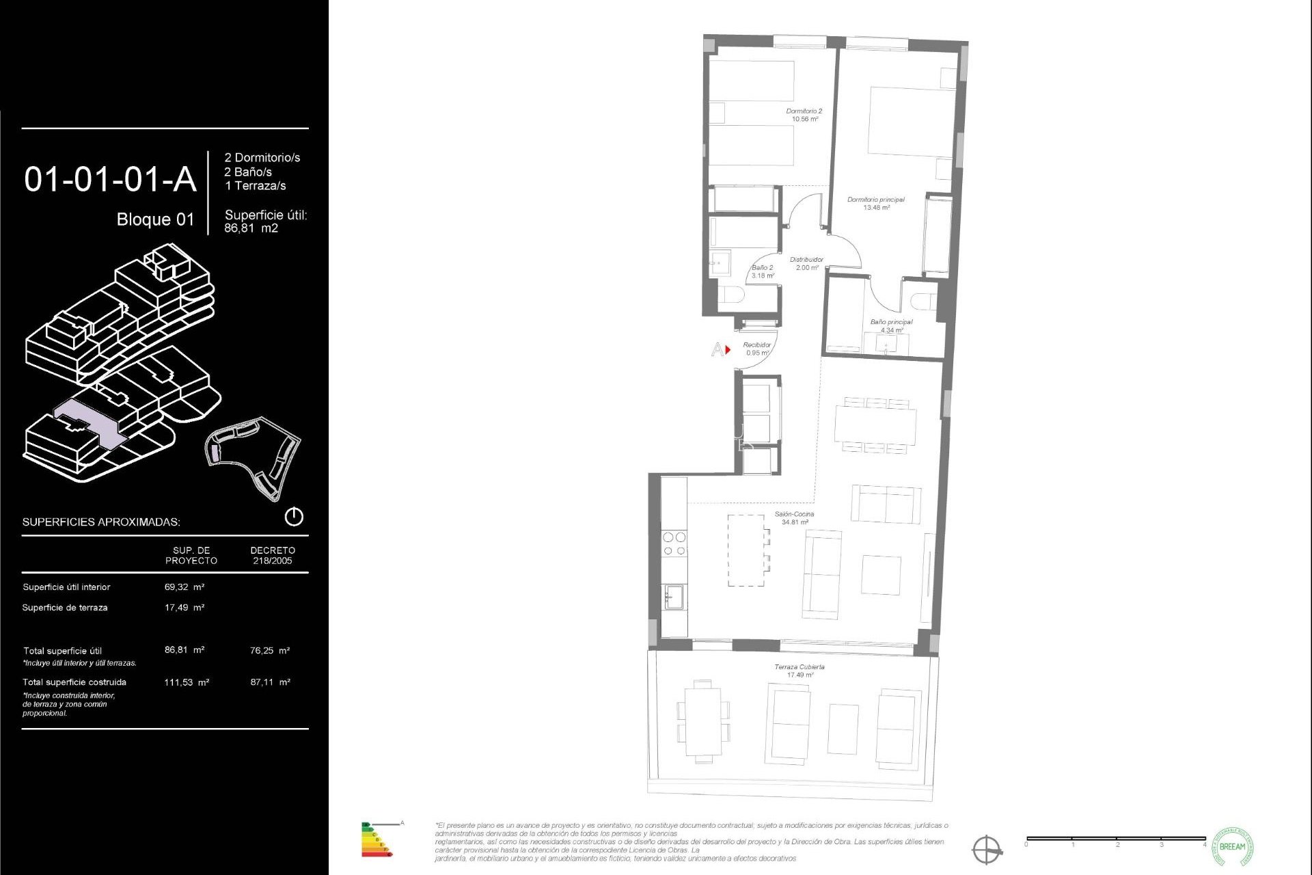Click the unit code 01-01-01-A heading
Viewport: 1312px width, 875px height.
[110, 180]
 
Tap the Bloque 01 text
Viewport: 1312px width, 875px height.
[155, 219]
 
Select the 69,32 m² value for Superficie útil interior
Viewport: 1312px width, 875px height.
[184, 587]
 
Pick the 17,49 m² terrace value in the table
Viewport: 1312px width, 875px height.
[184, 607]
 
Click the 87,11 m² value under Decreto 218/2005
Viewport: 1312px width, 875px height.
[270, 682]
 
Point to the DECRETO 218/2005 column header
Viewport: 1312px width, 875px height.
[273, 555]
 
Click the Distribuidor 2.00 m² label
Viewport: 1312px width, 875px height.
[806, 263]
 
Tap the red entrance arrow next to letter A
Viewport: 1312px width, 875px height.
[728, 350]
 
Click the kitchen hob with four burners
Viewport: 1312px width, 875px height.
[674, 544]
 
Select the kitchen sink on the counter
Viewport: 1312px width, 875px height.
[675, 597]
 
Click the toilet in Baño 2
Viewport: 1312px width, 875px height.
[731, 296]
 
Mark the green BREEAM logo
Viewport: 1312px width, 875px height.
[1232, 846]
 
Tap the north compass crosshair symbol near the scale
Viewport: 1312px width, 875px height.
[987, 850]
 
